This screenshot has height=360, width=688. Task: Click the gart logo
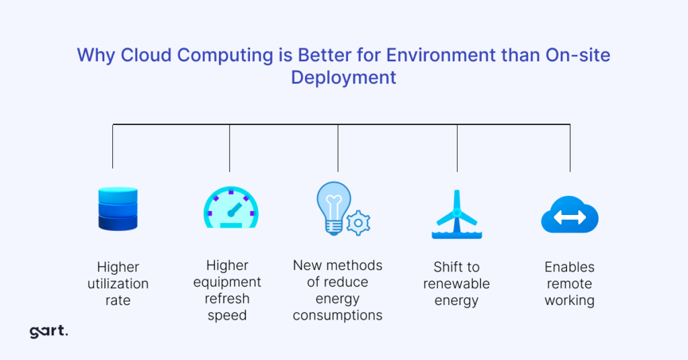coord(49,331)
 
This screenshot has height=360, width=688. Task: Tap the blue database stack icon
coord(118,209)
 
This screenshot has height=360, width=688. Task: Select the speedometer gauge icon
coord(230,208)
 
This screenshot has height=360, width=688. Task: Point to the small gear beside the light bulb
coord(359,222)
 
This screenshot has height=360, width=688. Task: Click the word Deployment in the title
coord(343,77)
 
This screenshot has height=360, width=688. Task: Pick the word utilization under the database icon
coord(118,283)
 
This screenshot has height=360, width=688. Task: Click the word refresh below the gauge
coord(227,298)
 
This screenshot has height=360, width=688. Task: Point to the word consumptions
coord(338,315)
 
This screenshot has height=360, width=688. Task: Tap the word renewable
coord(456,283)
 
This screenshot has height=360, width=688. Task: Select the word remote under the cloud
coord(570,283)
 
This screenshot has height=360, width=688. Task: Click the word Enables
coord(570,267)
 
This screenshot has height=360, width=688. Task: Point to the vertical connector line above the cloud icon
coord(570,148)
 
